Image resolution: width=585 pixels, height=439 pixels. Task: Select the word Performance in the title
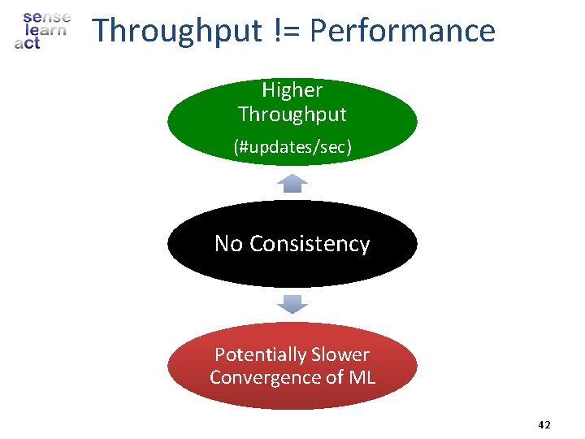[402, 32]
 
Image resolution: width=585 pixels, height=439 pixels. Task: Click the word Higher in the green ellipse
[292, 90]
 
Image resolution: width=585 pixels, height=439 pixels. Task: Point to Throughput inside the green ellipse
[292, 114]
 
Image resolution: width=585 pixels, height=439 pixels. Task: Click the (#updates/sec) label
[292, 147]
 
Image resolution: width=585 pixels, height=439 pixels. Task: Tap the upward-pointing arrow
[292, 183]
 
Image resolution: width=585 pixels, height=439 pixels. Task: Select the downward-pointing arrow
[292, 305]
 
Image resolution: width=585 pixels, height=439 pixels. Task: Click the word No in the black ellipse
[228, 244]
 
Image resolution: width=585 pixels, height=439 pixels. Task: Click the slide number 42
[544, 425]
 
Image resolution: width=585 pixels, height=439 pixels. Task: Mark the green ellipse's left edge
[170, 122]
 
